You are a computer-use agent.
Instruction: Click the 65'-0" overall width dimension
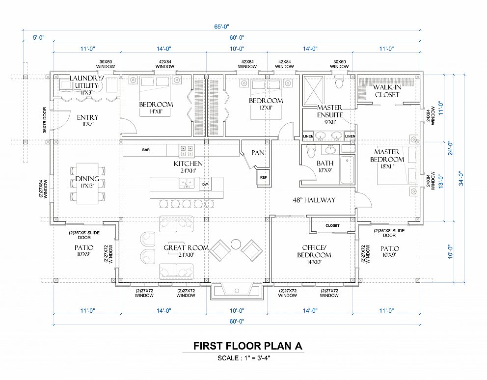coord(222,27)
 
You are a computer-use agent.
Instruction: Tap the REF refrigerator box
coord(264,177)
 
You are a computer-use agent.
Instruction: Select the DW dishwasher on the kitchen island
coord(205,184)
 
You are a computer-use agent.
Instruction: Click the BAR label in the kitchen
coord(146,150)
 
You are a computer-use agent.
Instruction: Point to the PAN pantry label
coord(258,153)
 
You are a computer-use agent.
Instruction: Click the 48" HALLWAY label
coord(314,200)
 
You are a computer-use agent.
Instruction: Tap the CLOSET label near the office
coord(332,225)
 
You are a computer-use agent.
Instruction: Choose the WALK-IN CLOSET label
coord(387,91)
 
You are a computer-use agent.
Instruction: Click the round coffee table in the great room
coord(236,244)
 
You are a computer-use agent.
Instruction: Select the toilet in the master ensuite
coord(339,82)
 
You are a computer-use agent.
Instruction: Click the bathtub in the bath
coord(347,170)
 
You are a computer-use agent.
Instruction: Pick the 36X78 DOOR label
coord(45,120)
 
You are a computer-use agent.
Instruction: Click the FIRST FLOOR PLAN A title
coord(248,346)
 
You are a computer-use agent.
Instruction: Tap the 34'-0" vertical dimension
coord(462,178)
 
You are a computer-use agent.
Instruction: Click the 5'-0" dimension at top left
coord(38,38)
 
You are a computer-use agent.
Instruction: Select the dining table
coord(87,183)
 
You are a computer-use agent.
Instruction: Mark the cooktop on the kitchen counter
coord(187,151)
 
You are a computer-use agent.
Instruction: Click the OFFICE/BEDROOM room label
coord(314,254)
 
